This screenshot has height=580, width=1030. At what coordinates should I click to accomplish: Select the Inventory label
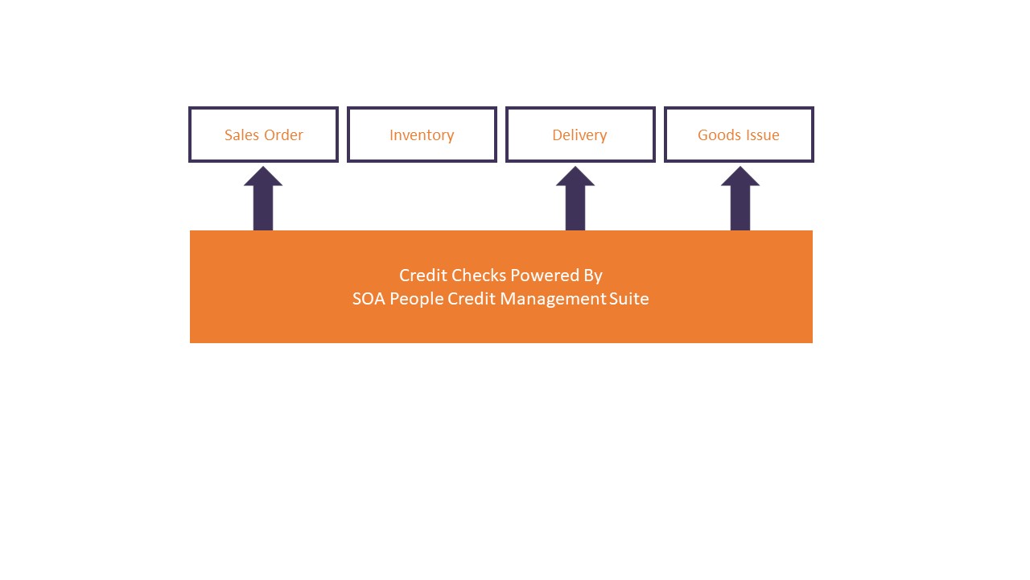(x=422, y=135)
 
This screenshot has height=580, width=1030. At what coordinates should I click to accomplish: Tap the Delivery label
(x=579, y=135)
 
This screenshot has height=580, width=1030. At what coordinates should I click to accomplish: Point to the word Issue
(x=762, y=135)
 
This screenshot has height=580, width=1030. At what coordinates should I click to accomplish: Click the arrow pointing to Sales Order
(x=263, y=198)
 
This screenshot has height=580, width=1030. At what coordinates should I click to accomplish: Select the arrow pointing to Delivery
(x=575, y=198)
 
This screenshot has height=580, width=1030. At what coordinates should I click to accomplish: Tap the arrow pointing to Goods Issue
(x=740, y=198)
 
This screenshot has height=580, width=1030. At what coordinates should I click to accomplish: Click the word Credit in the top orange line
(x=423, y=275)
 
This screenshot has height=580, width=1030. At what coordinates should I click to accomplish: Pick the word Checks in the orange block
(x=479, y=275)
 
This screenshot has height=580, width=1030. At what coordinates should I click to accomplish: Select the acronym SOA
(x=369, y=299)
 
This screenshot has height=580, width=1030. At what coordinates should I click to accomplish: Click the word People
(x=417, y=300)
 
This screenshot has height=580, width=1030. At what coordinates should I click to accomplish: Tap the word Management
(x=553, y=300)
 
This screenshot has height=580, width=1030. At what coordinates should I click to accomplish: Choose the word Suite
(x=629, y=299)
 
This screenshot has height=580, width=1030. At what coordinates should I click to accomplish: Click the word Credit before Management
(x=472, y=299)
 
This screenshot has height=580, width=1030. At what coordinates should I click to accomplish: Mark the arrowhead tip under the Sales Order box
(x=263, y=167)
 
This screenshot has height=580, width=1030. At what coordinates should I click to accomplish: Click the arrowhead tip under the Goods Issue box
(x=740, y=167)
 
